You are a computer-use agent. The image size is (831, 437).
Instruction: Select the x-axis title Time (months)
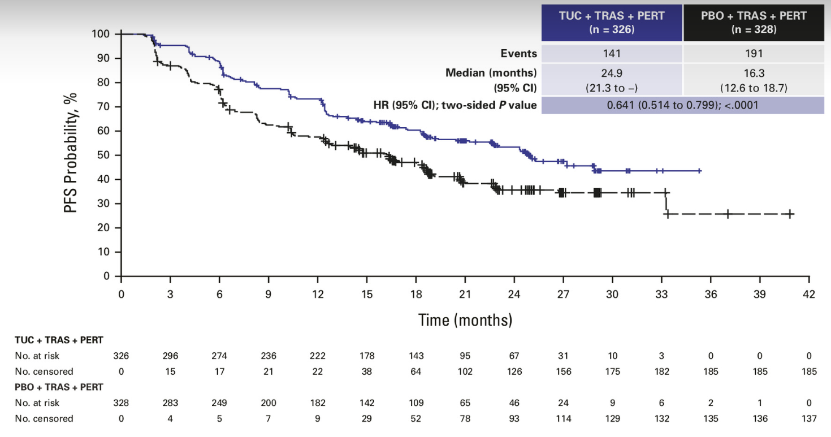465,321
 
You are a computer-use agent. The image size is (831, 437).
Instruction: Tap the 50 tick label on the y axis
103,155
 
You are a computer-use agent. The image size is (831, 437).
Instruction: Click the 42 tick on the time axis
809,295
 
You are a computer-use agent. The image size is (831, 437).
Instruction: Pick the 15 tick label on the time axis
367,295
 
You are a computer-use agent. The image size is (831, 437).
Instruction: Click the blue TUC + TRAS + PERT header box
612,22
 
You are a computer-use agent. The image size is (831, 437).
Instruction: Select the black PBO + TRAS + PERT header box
754,22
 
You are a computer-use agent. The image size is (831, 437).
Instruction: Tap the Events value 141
612,54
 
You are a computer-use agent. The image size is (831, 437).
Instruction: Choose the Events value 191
754,54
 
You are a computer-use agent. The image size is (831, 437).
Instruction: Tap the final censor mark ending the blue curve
699,171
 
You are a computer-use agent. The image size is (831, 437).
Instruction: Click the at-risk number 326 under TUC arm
121,356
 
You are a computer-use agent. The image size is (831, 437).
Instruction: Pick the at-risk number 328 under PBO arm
121,403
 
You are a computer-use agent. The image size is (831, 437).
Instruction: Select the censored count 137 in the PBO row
809,419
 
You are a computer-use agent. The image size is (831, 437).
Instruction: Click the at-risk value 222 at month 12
318,356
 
